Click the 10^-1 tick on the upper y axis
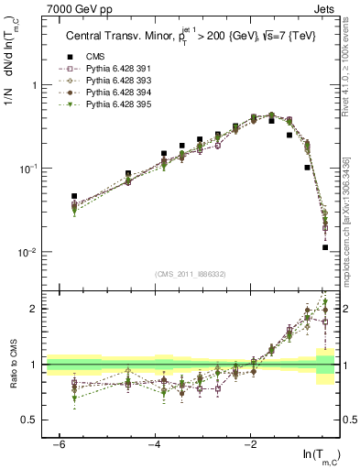pyautogui.click(x=28, y=169)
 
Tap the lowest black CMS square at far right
pyautogui.click(x=325, y=247)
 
